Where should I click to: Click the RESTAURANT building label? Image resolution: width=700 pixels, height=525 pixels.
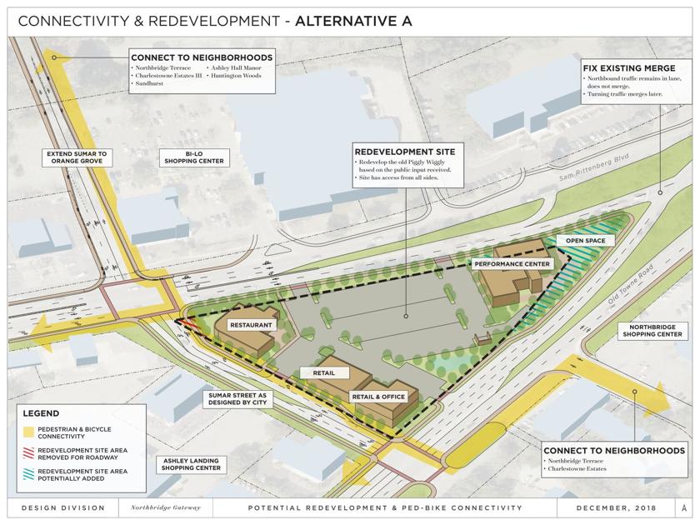tap(251, 325)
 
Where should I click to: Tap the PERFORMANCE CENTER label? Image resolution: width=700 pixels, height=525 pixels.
tap(512, 264)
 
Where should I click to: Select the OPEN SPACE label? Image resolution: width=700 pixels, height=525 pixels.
tap(585, 241)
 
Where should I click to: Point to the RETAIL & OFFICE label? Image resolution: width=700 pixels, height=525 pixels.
tap(377, 397)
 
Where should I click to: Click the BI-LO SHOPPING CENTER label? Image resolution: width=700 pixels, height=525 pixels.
tap(194, 157)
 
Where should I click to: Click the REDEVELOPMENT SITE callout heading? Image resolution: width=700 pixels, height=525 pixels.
tap(405, 152)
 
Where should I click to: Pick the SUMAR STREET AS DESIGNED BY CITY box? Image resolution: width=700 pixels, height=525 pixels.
tap(238, 399)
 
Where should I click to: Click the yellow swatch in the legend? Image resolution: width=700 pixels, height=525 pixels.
tap(29, 432)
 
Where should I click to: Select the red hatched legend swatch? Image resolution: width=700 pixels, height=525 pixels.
tap(29, 453)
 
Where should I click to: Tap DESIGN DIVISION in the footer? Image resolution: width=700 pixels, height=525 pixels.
tap(63, 507)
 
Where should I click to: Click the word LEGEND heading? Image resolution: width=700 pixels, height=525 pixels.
tap(41, 413)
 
